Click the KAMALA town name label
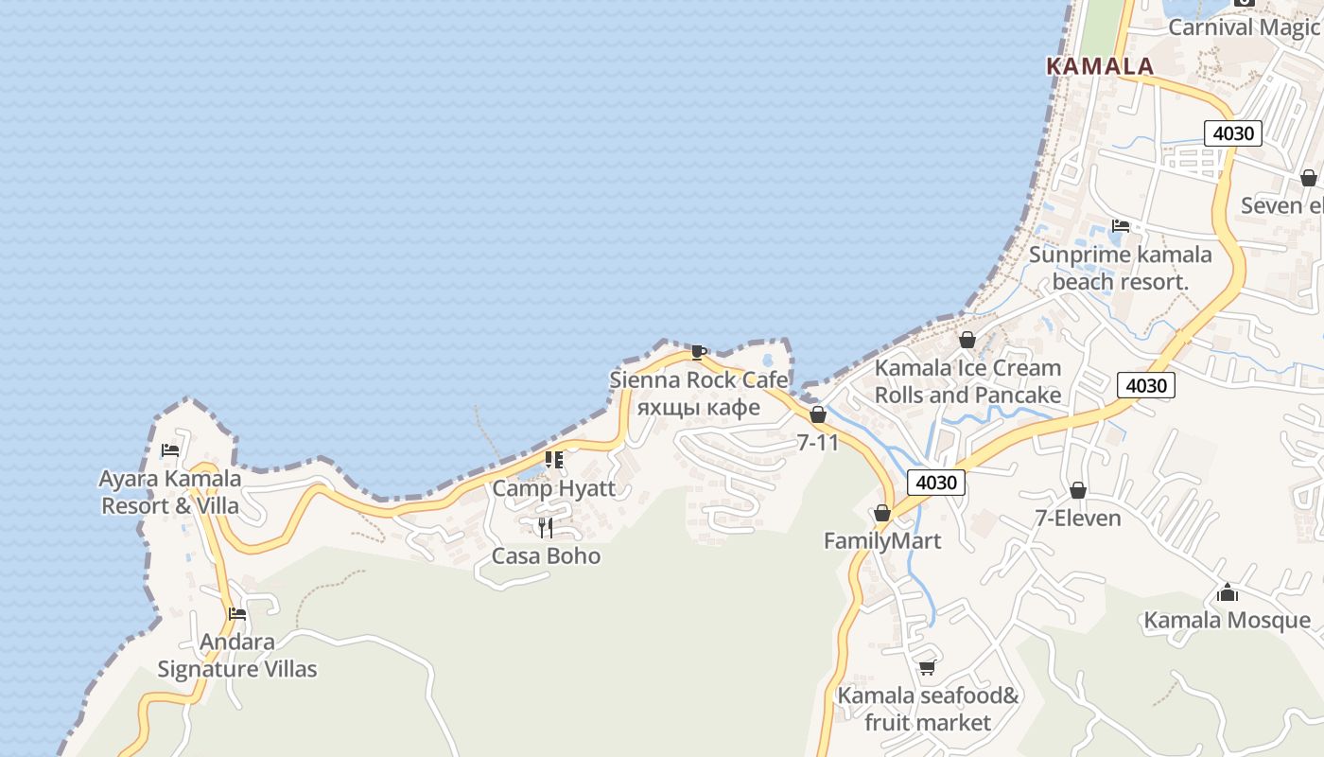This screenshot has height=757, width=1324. pos(1100,66)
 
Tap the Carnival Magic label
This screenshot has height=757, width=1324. pos(1243,26)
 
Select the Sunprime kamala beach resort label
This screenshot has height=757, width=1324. pos(1120,268)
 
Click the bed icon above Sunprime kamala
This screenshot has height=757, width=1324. pos(1121,225)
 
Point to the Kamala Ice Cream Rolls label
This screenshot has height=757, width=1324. pos(967,380)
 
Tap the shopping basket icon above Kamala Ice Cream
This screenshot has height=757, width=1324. pos(967,340)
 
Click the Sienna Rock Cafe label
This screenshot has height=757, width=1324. pos(698,379)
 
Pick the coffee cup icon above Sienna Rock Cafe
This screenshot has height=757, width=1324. pos(698,353)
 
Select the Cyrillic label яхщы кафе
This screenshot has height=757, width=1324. pos(698,407)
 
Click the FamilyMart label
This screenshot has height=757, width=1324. pos(881,540)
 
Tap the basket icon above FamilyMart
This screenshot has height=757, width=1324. pos(881,514)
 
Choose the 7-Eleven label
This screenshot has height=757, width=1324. pos(1077,518)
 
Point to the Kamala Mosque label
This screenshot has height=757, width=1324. pos(1227,620)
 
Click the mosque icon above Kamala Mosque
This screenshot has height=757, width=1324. pos(1228,592)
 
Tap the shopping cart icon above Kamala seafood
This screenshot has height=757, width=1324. pos(927,667)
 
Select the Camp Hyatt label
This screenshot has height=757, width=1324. pos(553,488)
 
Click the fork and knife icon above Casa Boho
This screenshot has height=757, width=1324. pos(546,527)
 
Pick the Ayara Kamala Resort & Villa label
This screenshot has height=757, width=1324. pos(170,491)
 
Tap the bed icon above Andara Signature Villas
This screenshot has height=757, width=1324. pos(237,614)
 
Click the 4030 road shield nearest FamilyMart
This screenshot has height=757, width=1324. pos(936,483)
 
